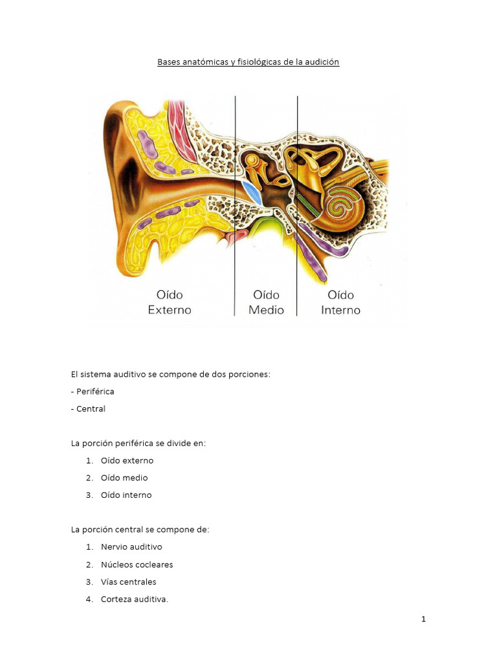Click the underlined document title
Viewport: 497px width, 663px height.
coord(248,62)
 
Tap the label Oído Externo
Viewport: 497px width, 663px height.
coord(170,302)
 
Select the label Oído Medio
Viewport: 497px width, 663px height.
coord(266,302)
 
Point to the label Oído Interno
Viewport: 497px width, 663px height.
coord(340,302)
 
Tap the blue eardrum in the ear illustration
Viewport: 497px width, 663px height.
coord(252,192)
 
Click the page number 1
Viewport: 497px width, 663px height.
coord(423,620)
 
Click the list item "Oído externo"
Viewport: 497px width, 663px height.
coord(127,461)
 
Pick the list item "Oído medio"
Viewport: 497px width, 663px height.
coord(124,478)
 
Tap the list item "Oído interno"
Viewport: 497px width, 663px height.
coord(126,495)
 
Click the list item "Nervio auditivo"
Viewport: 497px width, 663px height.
coord(131,547)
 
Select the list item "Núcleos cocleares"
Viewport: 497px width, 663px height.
coord(137,565)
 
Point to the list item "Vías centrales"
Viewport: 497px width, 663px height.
coord(128,582)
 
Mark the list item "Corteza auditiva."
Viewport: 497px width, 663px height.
coord(134,600)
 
